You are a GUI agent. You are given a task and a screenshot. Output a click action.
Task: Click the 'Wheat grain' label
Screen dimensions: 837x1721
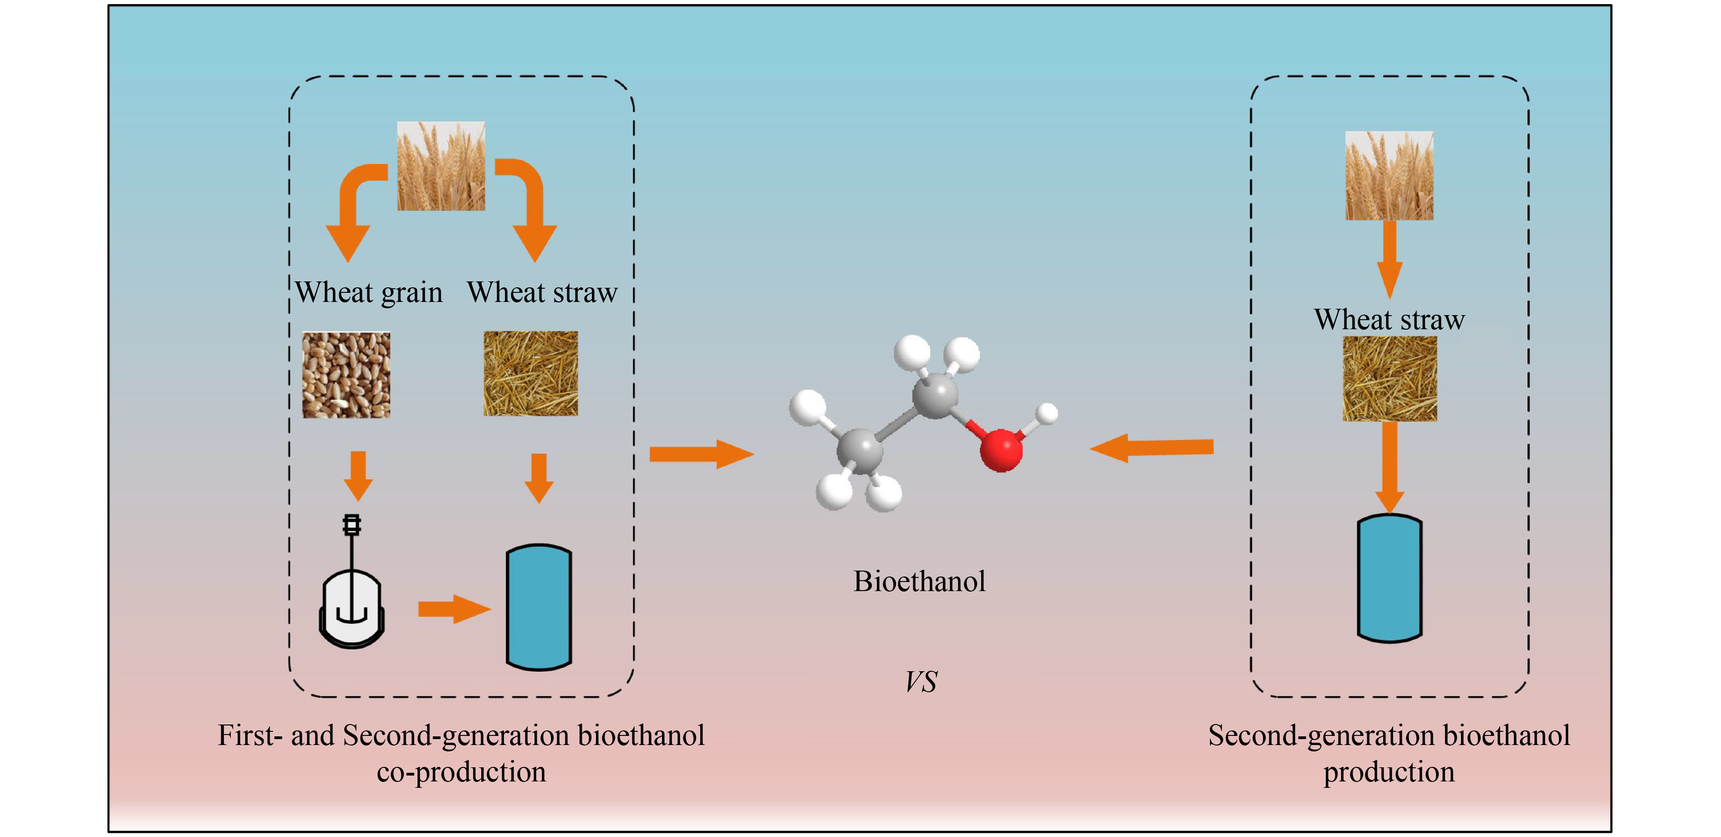click(x=369, y=292)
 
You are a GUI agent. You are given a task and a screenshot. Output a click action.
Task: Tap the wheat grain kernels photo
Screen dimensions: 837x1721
click(x=346, y=375)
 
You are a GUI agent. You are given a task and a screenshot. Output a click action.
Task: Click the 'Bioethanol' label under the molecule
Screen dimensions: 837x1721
click(x=919, y=581)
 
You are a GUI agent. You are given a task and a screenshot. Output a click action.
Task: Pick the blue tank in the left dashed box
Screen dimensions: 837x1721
click(x=539, y=607)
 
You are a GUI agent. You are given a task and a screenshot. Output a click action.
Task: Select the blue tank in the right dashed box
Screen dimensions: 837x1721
click(x=1390, y=578)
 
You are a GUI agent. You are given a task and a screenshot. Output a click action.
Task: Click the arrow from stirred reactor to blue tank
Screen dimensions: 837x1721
click(x=453, y=608)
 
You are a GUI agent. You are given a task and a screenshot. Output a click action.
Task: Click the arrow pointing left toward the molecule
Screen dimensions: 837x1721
click(x=1152, y=448)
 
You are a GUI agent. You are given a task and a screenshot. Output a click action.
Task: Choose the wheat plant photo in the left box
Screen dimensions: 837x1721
click(x=441, y=166)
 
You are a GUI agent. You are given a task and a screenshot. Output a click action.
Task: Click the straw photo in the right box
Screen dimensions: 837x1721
click(x=1390, y=379)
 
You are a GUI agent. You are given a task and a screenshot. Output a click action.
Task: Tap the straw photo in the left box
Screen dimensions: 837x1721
click(x=530, y=373)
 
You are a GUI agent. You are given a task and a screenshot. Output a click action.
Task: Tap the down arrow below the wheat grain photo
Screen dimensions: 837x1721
click(x=358, y=475)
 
